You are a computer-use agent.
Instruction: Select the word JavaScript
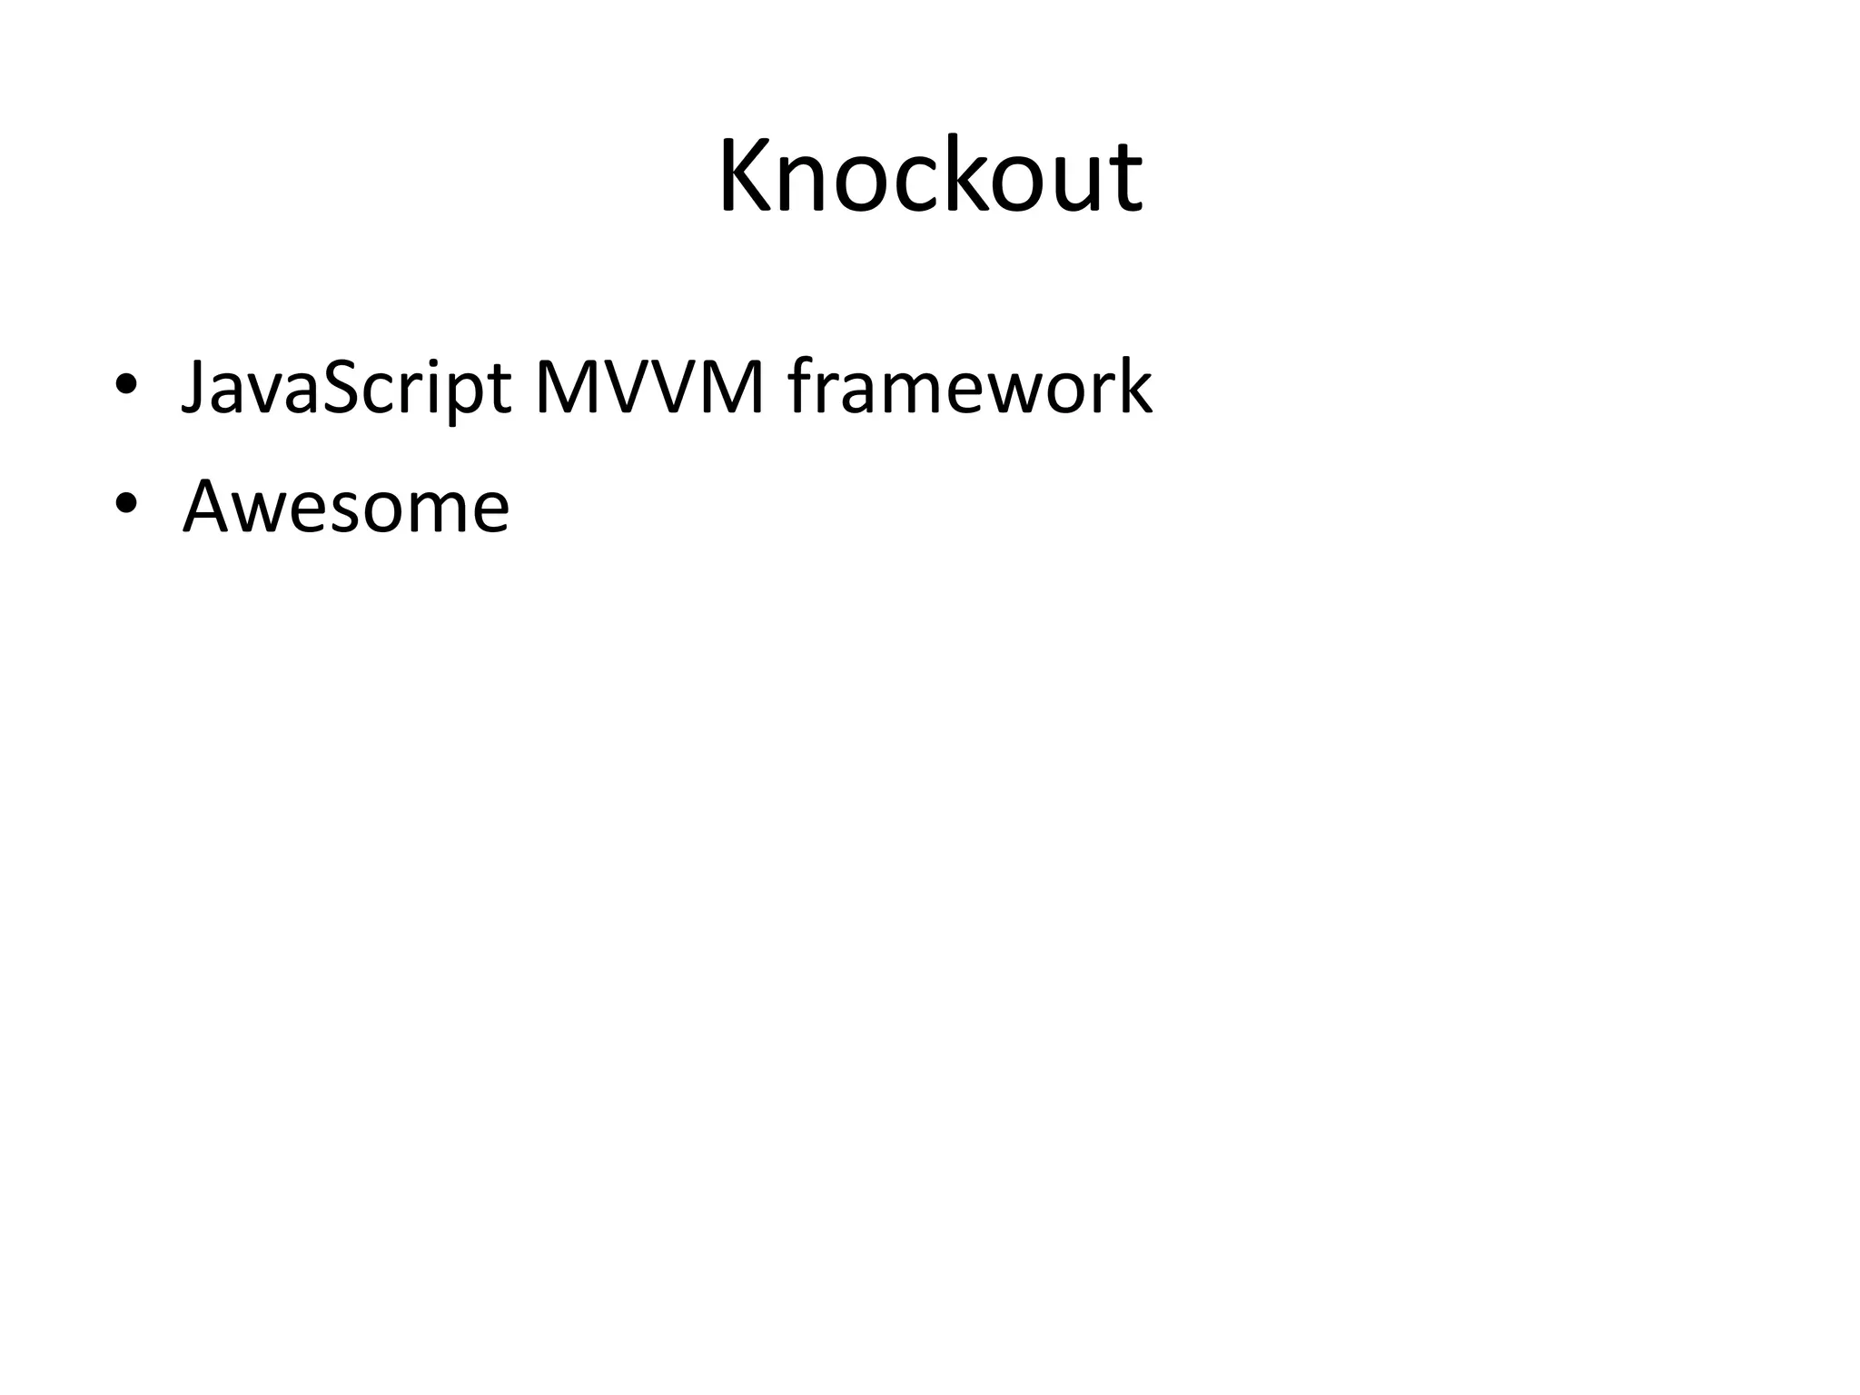point(345,388)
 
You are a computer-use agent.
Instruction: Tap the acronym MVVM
point(650,388)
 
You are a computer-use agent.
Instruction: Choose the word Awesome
point(346,506)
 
